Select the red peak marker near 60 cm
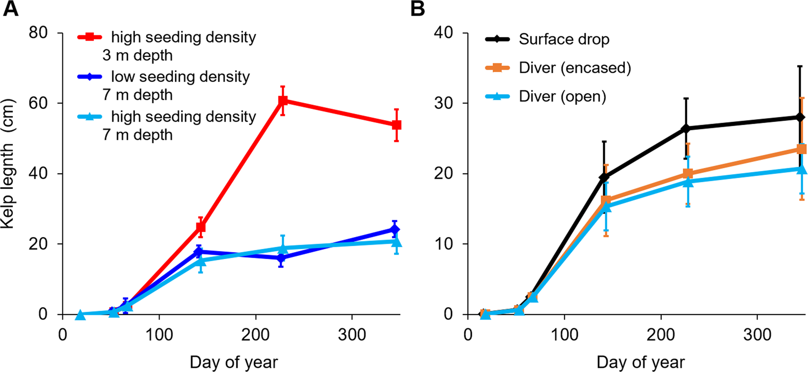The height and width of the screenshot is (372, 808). (x=283, y=101)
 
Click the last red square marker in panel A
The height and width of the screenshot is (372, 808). (x=396, y=125)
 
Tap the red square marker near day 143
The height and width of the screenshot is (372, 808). (x=200, y=227)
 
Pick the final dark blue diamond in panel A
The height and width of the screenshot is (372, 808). (x=395, y=229)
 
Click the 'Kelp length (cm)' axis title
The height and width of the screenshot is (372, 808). (x=8, y=164)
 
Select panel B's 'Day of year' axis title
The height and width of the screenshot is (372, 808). (x=641, y=362)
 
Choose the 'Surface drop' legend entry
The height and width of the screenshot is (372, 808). (x=564, y=39)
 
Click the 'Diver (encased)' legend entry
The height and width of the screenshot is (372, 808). (x=574, y=68)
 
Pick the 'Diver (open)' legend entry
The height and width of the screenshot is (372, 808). (x=562, y=96)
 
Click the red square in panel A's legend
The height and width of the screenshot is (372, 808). (x=90, y=37)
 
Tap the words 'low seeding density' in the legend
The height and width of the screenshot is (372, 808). (x=180, y=77)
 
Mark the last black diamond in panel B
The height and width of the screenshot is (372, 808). (x=800, y=117)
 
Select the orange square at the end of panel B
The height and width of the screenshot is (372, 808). (x=801, y=149)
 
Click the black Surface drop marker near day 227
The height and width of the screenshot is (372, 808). (x=686, y=129)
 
